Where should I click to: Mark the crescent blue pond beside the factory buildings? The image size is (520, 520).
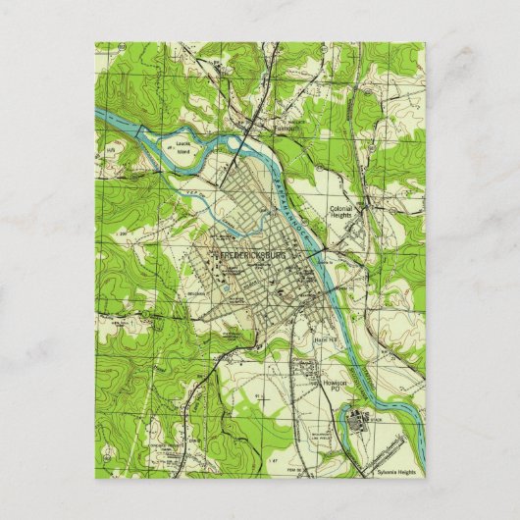(x=343, y=423)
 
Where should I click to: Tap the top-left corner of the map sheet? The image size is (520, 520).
(x=96, y=42)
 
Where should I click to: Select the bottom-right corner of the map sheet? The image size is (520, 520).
(x=425, y=477)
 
